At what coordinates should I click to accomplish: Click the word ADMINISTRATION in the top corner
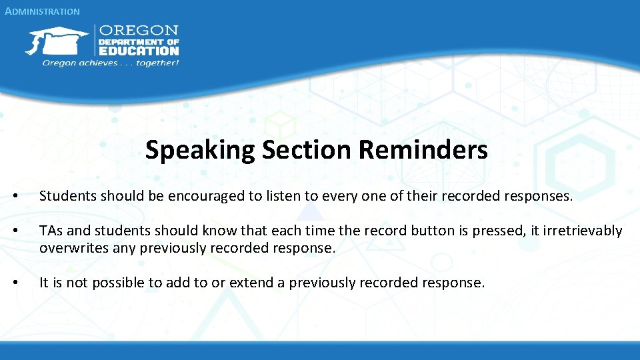click(41, 11)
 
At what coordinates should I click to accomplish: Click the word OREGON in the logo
click(139, 31)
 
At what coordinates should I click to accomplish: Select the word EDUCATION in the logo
click(139, 50)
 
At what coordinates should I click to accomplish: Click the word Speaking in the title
click(200, 150)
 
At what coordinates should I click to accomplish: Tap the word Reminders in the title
click(423, 150)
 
